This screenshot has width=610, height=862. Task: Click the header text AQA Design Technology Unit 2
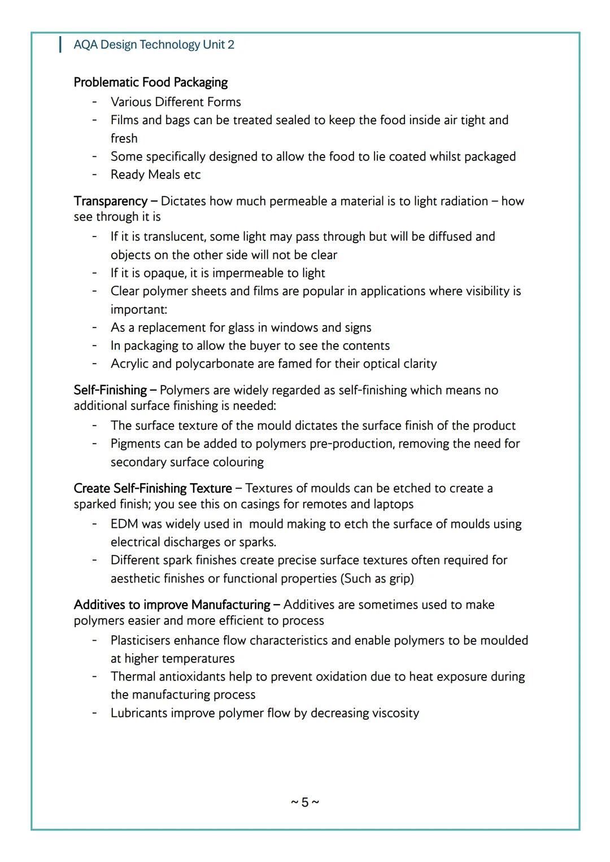(x=154, y=45)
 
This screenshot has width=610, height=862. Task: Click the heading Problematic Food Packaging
(x=150, y=82)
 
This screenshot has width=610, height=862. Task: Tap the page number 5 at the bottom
(x=305, y=802)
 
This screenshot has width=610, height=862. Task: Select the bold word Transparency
(x=110, y=202)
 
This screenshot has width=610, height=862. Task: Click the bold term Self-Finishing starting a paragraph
(x=110, y=390)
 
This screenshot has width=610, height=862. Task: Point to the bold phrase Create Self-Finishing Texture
(x=152, y=488)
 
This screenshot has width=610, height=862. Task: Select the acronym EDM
(x=124, y=524)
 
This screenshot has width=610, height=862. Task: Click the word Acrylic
(x=128, y=364)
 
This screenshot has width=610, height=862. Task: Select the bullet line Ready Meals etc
(x=155, y=175)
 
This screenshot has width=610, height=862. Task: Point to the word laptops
(x=393, y=504)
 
